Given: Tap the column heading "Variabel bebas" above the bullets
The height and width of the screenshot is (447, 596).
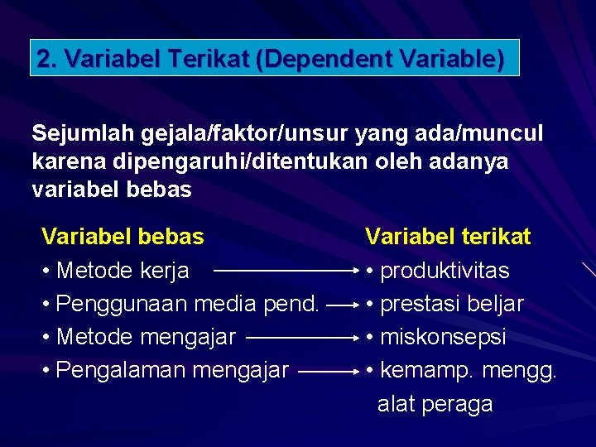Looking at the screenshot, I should coord(123,237).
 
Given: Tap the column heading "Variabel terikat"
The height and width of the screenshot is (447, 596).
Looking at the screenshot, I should coord(448,237).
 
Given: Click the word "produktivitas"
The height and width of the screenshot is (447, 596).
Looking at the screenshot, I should coord(445,271).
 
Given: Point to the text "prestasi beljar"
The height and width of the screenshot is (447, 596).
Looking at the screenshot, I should coord(451,304).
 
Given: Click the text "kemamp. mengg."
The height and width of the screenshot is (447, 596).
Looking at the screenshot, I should coord(469,370).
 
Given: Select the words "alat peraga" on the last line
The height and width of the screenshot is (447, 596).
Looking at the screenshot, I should coord(435,404).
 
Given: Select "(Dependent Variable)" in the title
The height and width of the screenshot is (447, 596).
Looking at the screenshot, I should coord(379,59).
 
